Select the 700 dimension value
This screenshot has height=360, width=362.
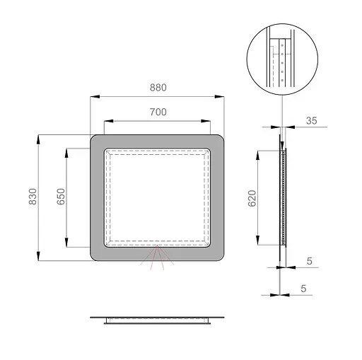coord(158,112)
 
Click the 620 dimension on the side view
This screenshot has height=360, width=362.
coord(252,199)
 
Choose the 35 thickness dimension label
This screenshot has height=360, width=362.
coord(311,120)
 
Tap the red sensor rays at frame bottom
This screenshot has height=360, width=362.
coord(158,259)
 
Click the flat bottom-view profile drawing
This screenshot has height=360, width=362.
coord(158,320)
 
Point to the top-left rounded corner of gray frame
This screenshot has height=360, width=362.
coord(95,140)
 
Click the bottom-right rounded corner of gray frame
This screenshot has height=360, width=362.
coord(220,255)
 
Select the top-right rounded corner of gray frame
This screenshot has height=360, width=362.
coord(220,140)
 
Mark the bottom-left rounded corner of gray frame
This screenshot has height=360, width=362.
coord(95,255)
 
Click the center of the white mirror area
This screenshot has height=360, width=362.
coord(158,197)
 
